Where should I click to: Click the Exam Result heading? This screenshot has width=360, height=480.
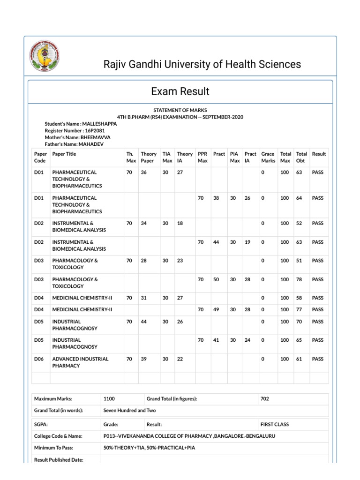point(180,91)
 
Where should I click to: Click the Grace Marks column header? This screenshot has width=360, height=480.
point(268,157)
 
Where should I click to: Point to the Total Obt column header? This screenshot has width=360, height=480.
point(301,157)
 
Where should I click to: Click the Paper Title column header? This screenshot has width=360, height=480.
point(64,154)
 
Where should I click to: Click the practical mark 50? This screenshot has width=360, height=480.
point(216,279)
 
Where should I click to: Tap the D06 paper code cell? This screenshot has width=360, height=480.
point(39,359)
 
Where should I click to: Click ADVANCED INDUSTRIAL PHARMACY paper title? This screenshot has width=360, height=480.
point(80,362)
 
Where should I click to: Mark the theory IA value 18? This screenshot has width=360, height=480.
point(180,223)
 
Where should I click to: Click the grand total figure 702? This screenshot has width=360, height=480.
point(265,399)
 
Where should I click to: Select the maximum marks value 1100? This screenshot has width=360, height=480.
point(109,399)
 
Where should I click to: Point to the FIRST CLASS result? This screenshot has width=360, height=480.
point(275,424)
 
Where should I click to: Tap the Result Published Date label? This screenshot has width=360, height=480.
point(59,460)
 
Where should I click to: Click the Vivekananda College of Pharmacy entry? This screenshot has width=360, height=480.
point(189,436)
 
